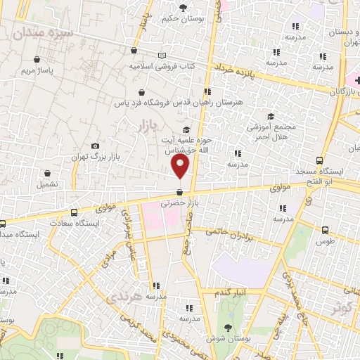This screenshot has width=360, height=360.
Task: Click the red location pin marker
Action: click(181, 166)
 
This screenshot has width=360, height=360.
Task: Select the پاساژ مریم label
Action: click(37, 71)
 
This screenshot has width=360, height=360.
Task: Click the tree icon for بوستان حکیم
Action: click(184, 8)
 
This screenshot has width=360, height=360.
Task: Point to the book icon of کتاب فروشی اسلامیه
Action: click(163, 56)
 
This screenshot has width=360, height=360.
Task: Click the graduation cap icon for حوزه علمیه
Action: click(186, 129)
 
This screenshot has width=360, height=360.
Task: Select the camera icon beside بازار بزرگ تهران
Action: click(96, 146)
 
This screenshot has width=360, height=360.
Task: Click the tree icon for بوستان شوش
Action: click(226, 328)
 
